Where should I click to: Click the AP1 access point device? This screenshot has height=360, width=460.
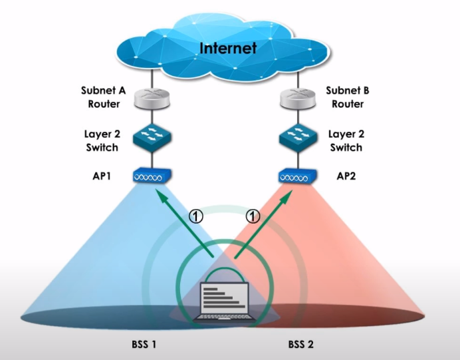point(154,177)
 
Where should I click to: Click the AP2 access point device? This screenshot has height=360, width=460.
point(296,177)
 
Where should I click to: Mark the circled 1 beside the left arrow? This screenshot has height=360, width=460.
point(197,216)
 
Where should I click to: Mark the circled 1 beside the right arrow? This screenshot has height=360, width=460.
point(252,216)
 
